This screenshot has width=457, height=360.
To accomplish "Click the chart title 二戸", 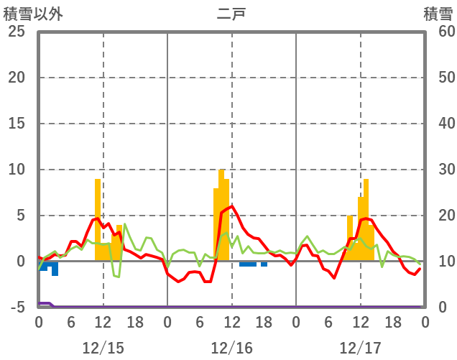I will pos(231,13).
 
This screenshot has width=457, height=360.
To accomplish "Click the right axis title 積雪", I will pos(438,13).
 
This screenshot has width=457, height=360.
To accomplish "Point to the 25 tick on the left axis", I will pos(16,32).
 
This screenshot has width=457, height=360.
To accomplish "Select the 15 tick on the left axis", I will pos(16,124).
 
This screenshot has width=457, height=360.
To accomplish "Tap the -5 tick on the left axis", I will pos(16,308).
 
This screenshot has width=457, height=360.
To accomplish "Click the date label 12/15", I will pos(103,348).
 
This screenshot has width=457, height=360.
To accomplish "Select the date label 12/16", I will pos(231,348).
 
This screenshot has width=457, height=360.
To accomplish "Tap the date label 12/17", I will pos(360,348).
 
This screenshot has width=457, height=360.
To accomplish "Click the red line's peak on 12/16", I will pos(231,206).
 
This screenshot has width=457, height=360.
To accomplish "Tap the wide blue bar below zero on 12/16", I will pos(248,264).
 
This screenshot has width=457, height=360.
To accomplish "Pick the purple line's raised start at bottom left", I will pos(44,303).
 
